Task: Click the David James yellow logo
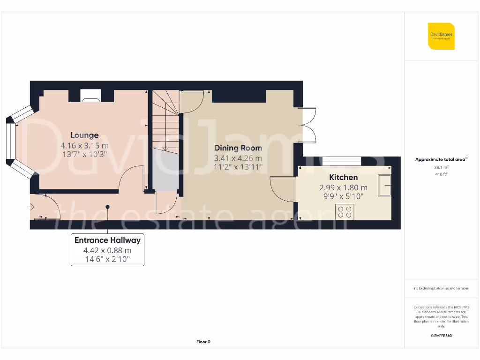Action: [x=441, y=36]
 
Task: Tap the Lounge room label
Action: [x=84, y=135]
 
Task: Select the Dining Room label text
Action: [x=238, y=148]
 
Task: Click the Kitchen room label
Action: [x=343, y=177]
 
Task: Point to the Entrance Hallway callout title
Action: [x=107, y=240]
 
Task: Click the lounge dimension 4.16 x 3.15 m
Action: [x=84, y=145]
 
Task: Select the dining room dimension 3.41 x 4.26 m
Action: [x=238, y=158]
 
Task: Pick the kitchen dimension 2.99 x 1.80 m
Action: [x=343, y=187]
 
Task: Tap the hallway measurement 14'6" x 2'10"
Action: [x=107, y=259]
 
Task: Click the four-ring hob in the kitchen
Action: [x=345, y=212]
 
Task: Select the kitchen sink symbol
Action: [x=385, y=186]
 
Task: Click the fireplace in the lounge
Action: [x=90, y=96]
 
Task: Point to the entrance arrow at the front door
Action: [x=32, y=206]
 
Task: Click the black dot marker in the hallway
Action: [x=107, y=207]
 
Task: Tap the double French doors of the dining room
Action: [x=308, y=125]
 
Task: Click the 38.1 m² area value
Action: [x=441, y=167]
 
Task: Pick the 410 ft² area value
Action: [x=441, y=174]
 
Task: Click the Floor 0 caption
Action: [x=203, y=342]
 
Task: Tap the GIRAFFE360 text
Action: [x=441, y=336]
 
